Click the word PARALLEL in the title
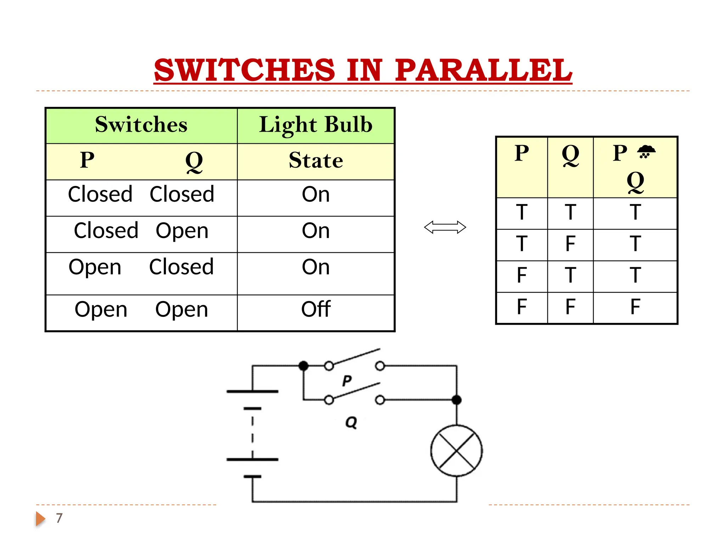(483, 70)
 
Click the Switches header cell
(141, 125)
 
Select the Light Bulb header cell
(315, 125)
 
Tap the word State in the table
(315, 160)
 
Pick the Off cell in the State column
(315, 309)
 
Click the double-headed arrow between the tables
(445, 227)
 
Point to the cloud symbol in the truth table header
(646, 152)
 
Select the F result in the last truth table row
(635, 307)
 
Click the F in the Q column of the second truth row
(570, 244)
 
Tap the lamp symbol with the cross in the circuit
(456, 451)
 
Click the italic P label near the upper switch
(347, 381)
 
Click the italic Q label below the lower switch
(351, 422)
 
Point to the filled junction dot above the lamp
(457, 400)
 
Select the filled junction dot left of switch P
(303, 365)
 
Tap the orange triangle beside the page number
(40, 519)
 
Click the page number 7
(59, 518)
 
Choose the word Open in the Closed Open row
(182, 231)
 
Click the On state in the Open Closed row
(315, 267)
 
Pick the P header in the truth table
(521, 153)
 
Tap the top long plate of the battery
(252, 391)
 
